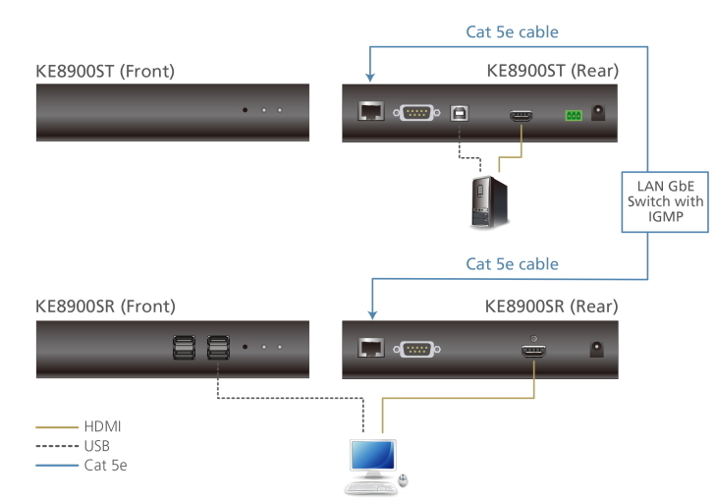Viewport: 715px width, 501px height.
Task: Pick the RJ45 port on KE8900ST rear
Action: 371,112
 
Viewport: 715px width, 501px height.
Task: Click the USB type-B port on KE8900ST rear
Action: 459,113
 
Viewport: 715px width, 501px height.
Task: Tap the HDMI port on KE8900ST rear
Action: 522,117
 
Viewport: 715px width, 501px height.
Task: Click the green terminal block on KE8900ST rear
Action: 572,116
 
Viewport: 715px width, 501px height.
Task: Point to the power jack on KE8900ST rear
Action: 598,113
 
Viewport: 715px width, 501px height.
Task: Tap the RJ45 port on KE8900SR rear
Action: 370,347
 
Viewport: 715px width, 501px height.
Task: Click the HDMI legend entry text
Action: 103,427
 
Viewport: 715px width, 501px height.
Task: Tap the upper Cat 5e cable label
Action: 512,32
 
